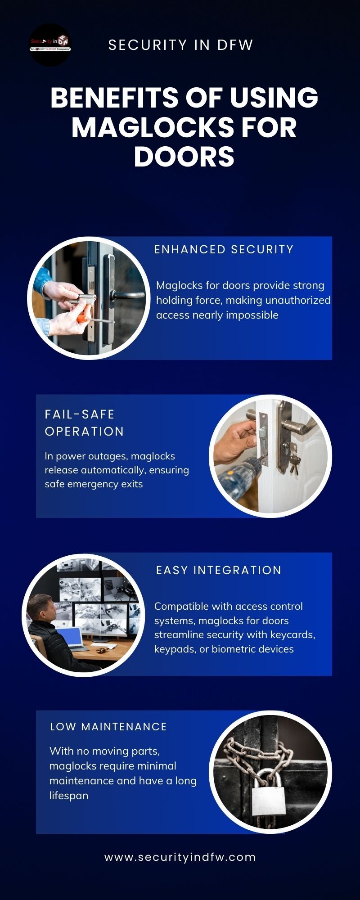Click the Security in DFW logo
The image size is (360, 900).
point(50,45)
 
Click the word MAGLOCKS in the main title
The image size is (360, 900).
point(152,127)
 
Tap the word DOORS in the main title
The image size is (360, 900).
point(184,157)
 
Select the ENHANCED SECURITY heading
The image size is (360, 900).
point(224,249)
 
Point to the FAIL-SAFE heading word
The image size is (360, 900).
point(80,414)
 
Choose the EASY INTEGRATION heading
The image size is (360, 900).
point(219,570)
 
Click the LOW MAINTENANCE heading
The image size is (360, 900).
point(108,727)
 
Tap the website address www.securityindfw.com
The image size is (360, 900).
point(180,857)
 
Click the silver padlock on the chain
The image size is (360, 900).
point(269,792)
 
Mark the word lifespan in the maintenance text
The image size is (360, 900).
point(69,796)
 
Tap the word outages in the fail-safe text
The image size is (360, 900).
point(109,456)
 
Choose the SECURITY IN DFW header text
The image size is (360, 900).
point(181,45)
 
